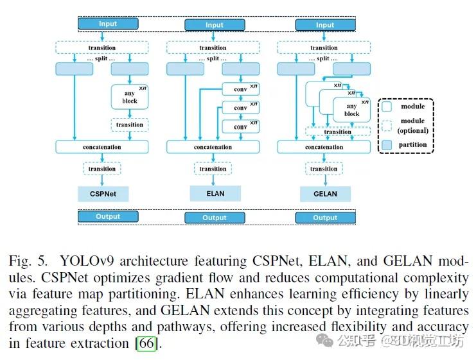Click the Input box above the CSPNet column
[108, 24]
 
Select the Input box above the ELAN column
[214, 26]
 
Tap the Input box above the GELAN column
[324, 25]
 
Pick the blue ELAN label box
[215, 193]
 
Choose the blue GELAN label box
[325, 193]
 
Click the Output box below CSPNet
[108, 216]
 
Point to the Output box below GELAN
[324, 218]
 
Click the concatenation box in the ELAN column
[213, 147]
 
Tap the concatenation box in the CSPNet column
[102, 147]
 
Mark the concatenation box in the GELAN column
[324, 147]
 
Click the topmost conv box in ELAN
[240, 90]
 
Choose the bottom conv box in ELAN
[240, 126]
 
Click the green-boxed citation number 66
[146, 343]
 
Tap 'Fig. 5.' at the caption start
[28, 261]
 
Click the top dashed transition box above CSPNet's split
[102, 47]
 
